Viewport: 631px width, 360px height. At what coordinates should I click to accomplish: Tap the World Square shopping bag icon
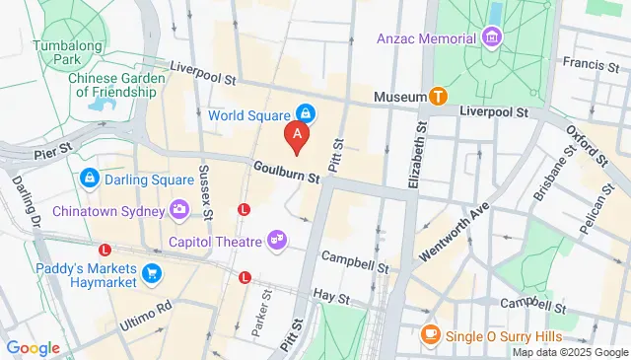coord(307,115)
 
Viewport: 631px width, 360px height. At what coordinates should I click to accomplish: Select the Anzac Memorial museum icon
coord(492,39)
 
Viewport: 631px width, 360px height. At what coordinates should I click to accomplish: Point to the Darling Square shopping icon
coord(90,179)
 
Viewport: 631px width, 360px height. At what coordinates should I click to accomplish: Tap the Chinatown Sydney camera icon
coord(178,208)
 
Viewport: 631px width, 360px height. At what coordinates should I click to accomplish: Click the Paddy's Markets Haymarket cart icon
coord(150,272)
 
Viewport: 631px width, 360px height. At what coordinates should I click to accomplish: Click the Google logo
coord(33,347)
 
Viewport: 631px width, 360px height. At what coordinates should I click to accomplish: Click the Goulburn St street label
coord(286,174)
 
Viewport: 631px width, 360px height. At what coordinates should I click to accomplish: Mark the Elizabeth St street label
coord(420,153)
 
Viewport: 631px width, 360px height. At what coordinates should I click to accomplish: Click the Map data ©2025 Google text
coord(568,352)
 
